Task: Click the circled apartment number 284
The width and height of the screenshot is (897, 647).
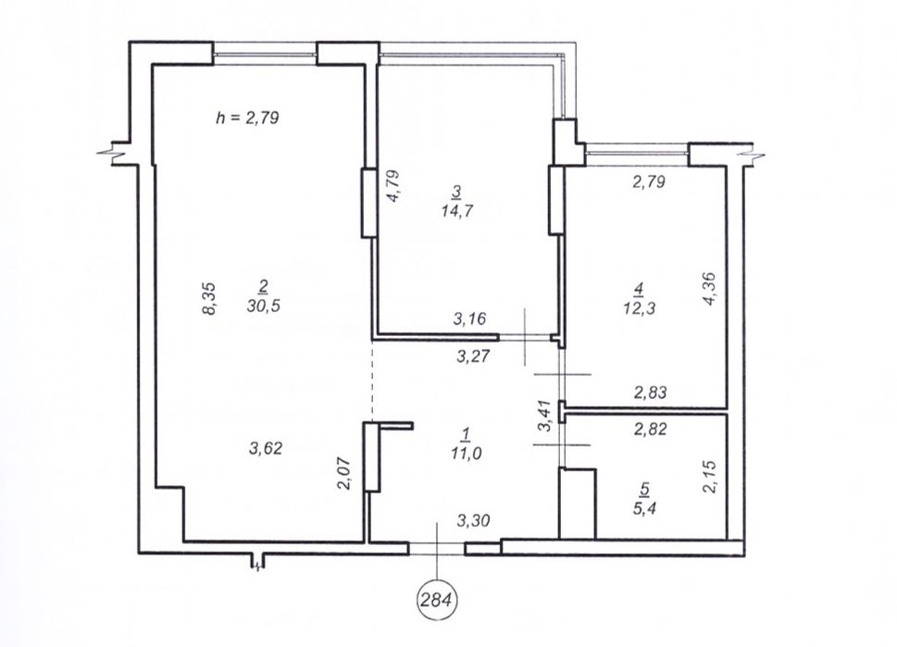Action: pos(439,601)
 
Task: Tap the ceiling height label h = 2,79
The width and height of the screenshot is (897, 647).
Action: pos(247,118)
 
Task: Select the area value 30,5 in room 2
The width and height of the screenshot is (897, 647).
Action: pos(263,306)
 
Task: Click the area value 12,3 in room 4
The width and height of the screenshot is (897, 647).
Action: pos(639,308)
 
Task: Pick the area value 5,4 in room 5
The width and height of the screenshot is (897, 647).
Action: pos(644,507)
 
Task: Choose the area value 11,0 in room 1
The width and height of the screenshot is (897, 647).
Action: pos(465,454)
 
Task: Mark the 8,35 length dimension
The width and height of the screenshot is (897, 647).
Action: pos(209,298)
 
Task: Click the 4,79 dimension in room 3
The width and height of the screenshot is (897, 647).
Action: pos(393,186)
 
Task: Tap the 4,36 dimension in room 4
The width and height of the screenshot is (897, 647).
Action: pos(709,289)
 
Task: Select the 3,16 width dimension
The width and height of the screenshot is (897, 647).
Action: pos(469,318)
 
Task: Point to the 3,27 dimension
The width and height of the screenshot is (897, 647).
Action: pos(473,356)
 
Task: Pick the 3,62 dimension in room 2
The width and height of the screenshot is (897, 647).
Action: pos(266,448)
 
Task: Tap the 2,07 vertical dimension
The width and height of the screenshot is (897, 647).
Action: pos(343,474)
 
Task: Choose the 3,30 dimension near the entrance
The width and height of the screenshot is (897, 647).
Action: pos(474,520)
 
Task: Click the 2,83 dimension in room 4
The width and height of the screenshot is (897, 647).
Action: pos(650,392)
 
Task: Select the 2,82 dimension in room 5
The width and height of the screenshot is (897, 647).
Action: pos(650,429)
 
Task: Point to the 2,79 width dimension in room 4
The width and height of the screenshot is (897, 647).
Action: pos(649,182)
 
